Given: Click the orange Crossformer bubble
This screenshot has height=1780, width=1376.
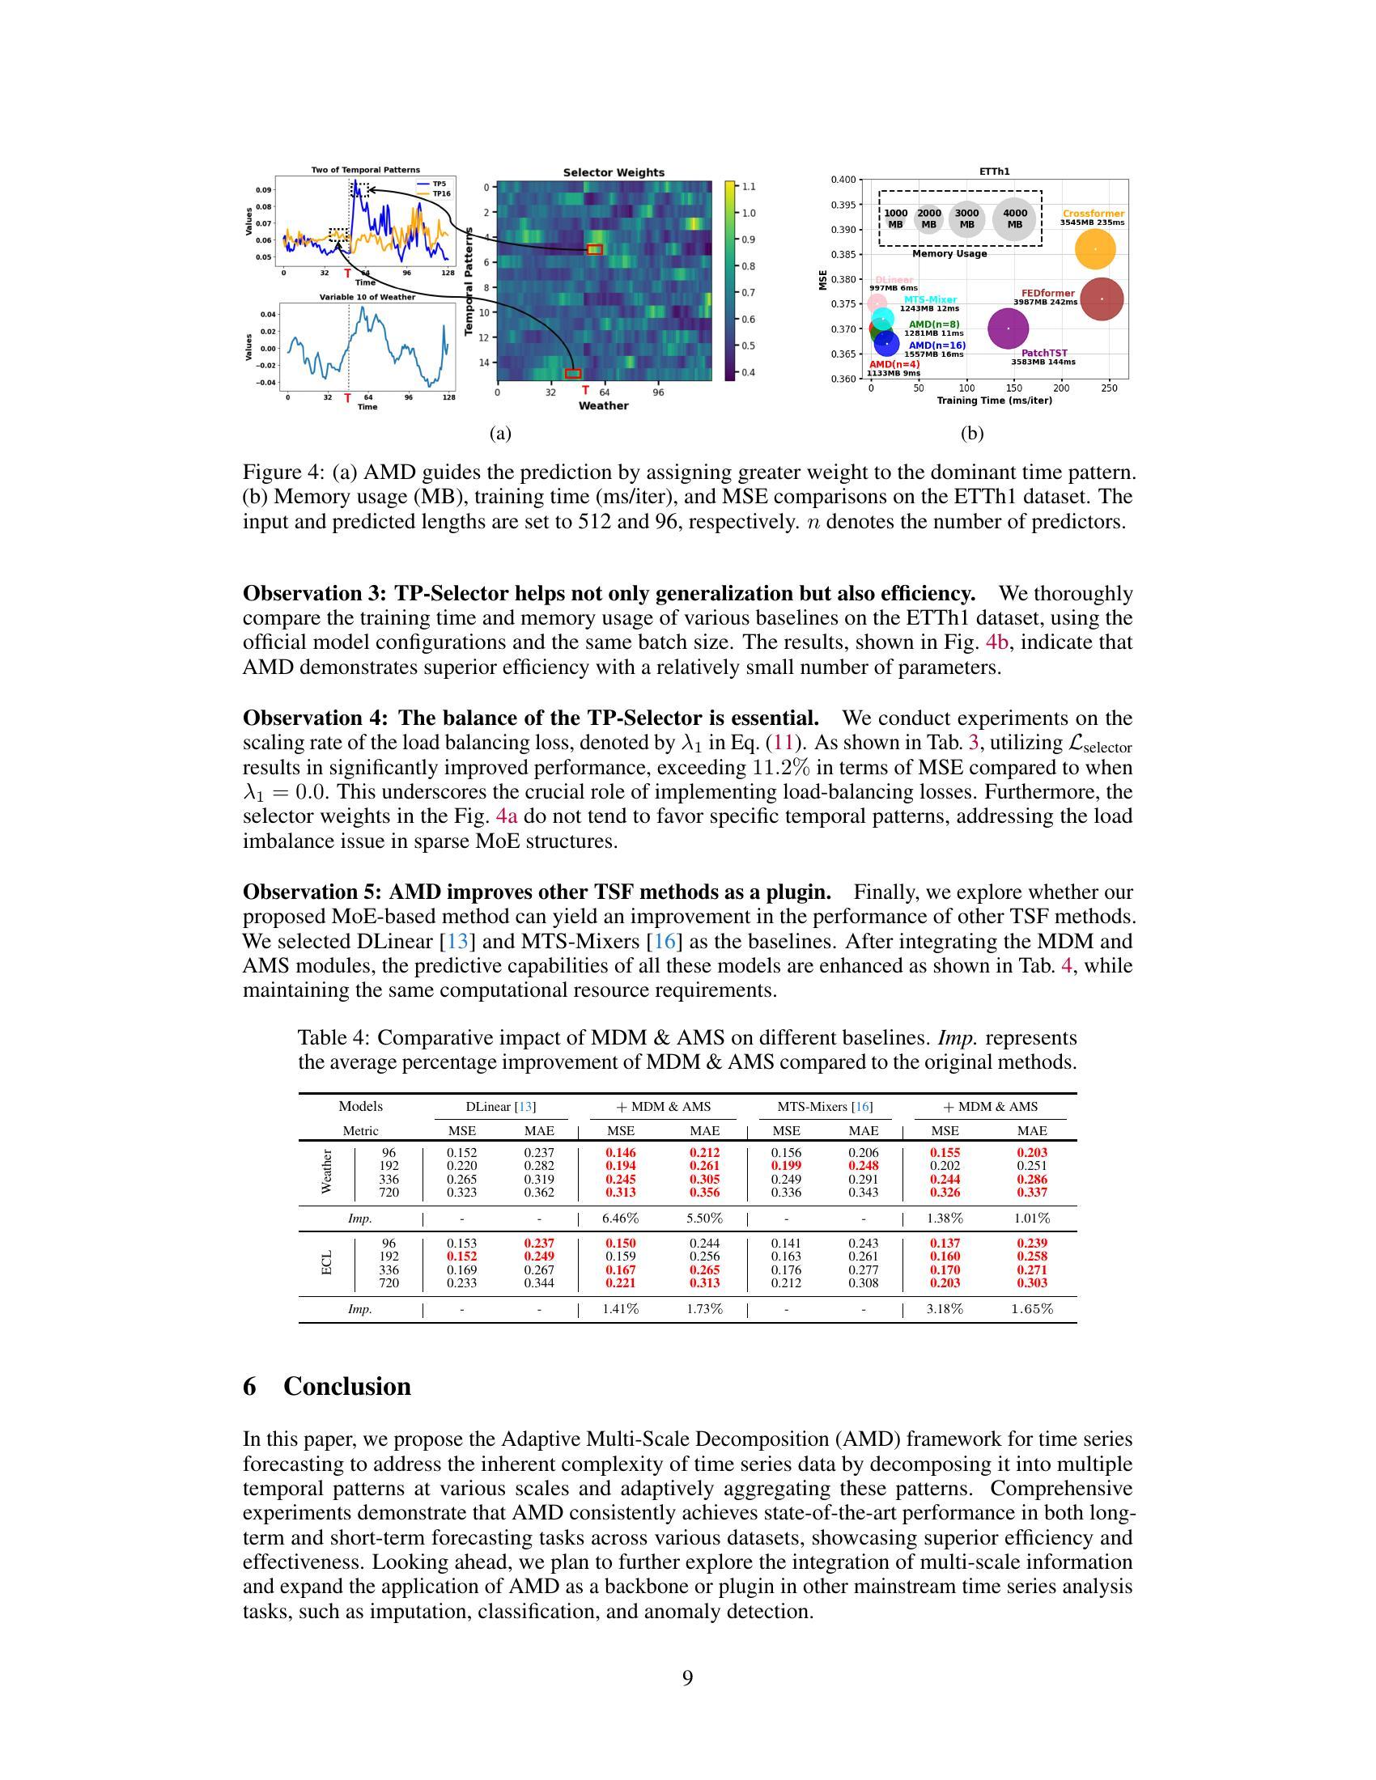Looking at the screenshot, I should [x=1095, y=249].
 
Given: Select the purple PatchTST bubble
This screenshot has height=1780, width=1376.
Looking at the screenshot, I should [x=1009, y=328].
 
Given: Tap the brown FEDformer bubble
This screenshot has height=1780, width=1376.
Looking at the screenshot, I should [x=1102, y=299].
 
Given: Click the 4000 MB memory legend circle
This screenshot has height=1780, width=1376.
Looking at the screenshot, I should [x=1014, y=218].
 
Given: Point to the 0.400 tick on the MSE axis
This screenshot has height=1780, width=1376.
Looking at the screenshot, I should [x=843, y=180].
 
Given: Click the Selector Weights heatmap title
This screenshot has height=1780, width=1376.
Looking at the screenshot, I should [x=614, y=173].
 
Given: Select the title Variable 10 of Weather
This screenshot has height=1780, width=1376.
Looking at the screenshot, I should [x=367, y=298].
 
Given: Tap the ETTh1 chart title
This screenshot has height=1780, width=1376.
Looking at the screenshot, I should [x=995, y=172].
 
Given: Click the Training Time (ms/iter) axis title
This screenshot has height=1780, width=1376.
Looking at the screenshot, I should [x=994, y=401].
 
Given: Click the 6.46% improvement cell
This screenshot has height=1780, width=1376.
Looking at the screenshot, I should [x=620, y=1218].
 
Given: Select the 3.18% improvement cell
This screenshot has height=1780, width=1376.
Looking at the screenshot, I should [x=945, y=1309].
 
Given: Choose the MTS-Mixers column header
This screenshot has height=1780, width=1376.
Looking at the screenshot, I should [x=824, y=1107].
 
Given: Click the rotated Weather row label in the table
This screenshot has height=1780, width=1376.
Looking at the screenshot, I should [x=327, y=1172].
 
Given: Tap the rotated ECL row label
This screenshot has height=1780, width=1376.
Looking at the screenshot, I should [x=327, y=1263].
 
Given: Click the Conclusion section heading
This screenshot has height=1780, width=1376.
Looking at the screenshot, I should [x=346, y=1386].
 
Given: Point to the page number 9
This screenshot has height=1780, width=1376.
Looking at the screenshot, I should [x=687, y=1677].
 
